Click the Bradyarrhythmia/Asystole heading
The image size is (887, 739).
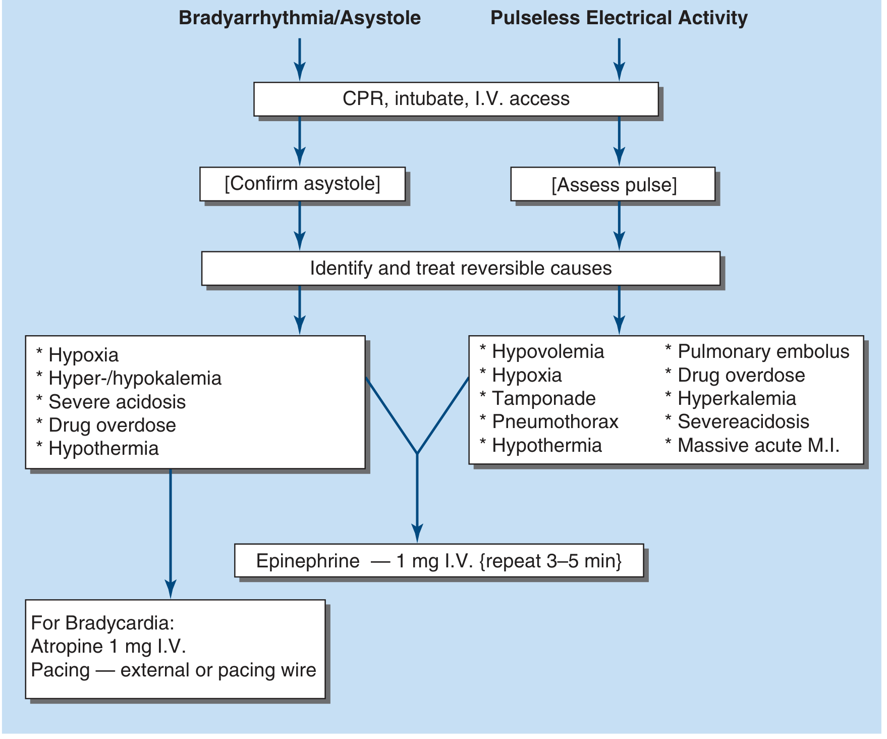[300, 18]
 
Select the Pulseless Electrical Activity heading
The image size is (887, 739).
[619, 18]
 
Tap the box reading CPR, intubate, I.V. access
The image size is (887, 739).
[456, 99]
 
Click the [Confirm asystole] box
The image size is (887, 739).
[302, 184]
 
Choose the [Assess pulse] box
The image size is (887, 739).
[614, 185]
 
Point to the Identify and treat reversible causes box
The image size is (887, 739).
[460, 269]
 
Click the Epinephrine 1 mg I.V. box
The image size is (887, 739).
[439, 561]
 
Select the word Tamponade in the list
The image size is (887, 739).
[544, 399]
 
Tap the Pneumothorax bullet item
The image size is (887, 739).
[555, 422]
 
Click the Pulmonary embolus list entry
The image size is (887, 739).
[763, 352]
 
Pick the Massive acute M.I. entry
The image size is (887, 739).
[758, 446]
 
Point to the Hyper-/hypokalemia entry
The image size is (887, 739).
[135, 379]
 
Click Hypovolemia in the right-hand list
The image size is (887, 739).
[548, 352]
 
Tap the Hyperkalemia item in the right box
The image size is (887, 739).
[737, 399]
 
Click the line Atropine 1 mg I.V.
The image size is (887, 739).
[108, 647]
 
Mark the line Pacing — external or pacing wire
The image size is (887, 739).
[174, 670]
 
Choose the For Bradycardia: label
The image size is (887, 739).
[102, 623]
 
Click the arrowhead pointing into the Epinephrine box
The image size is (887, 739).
[417, 534]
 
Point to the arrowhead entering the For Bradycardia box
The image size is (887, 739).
[171, 590]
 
